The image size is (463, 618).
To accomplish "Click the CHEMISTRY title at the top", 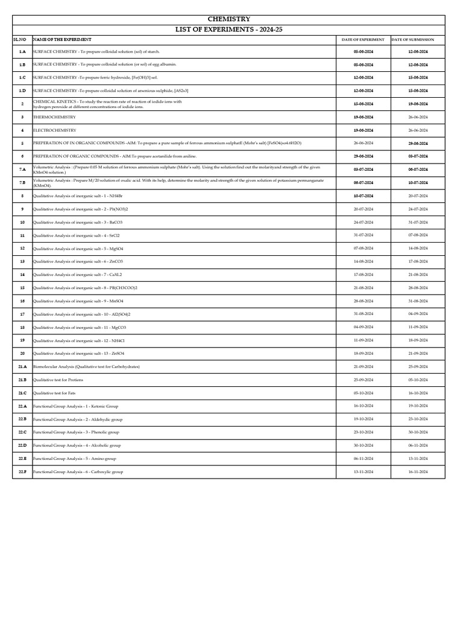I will (x=228, y=19).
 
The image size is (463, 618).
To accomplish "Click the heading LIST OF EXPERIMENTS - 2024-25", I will (x=228, y=29).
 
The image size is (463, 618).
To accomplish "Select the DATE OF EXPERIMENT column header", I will (x=362, y=39).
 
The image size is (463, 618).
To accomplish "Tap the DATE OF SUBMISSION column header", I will (x=417, y=39).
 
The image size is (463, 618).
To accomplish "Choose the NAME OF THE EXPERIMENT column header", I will (x=58, y=39).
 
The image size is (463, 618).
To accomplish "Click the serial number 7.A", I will (x=22, y=170).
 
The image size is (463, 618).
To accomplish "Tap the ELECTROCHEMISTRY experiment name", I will (x=55, y=130).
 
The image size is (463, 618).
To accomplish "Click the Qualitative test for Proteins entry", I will (x=58, y=380).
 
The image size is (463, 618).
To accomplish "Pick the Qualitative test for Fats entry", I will (x=54, y=393).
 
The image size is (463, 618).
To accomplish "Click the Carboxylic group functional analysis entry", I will (x=78, y=471).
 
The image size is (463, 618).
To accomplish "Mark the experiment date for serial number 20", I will (x=362, y=353).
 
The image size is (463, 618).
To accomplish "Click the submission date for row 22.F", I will (x=417, y=471).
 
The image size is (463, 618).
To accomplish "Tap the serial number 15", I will (x=22, y=288).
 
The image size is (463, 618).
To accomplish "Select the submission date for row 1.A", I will (x=417, y=52).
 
